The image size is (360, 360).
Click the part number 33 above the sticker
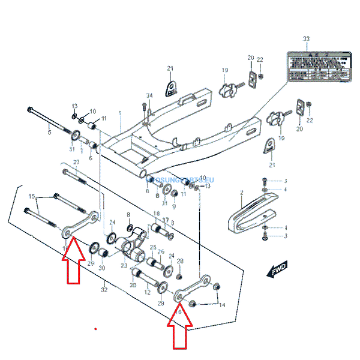point(307,38)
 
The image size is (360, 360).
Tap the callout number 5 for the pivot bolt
point(49,132)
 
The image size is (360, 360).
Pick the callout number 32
point(104,290)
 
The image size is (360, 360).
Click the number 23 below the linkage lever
point(124,266)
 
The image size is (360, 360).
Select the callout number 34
point(149,96)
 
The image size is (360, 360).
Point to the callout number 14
point(221,305)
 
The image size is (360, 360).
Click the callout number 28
point(179,261)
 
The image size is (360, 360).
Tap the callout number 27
point(76,163)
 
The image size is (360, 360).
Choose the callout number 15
point(32,197)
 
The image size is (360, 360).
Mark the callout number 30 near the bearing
point(101,268)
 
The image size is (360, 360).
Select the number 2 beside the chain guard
point(241,193)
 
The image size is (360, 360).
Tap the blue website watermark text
point(180,179)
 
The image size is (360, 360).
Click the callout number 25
point(153,247)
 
